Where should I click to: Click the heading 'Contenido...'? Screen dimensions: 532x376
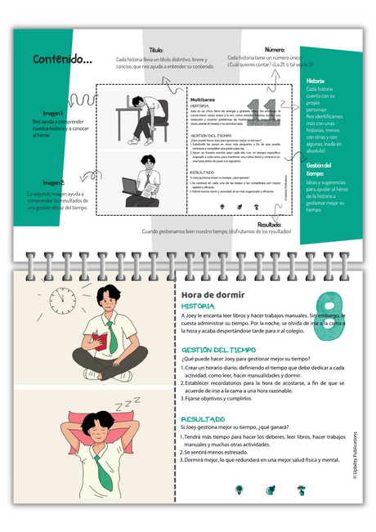click(63, 59)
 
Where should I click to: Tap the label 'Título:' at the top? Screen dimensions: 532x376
click(155, 50)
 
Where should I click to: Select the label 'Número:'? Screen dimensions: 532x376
click(274, 50)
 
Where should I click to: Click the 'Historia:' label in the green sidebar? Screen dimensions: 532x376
click(316, 81)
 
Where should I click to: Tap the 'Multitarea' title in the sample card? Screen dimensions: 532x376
click(202, 98)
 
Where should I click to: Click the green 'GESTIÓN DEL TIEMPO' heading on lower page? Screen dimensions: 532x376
click(218, 349)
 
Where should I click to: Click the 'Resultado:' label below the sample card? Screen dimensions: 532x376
click(275, 224)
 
